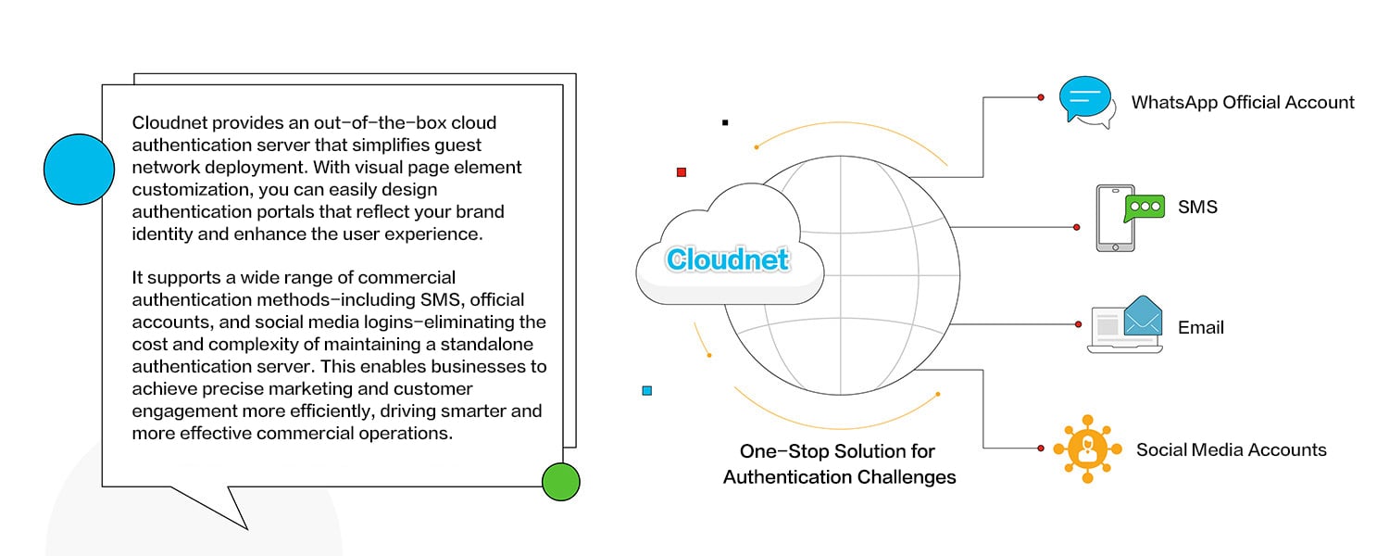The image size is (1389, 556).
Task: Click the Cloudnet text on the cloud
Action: click(x=727, y=259)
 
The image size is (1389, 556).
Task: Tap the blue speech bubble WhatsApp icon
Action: click(x=1084, y=100)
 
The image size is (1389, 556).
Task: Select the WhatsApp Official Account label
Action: click(x=1243, y=103)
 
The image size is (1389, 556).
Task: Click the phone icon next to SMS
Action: click(x=1114, y=218)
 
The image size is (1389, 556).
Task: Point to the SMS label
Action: click(x=1197, y=208)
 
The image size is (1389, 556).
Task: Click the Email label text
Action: click(x=1201, y=327)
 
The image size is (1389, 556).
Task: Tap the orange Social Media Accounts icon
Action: click(x=1087, y=449)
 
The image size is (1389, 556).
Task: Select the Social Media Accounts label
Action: click(x=1231, y=450)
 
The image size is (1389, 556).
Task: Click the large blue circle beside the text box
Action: click(x=79, y=169)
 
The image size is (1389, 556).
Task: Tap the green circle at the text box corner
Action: click(x=560, y=482)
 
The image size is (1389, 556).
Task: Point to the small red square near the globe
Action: click(x=682, y=172)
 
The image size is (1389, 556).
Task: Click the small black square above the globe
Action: click(x=725, y=122)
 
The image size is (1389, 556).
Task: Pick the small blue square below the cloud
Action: click(x=647, y=391)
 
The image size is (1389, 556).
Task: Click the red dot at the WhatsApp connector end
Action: click(x=1041, y=97)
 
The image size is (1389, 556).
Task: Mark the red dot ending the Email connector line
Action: click(x=1078, y=324)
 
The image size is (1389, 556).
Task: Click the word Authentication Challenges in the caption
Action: click(x=839, y=478)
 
